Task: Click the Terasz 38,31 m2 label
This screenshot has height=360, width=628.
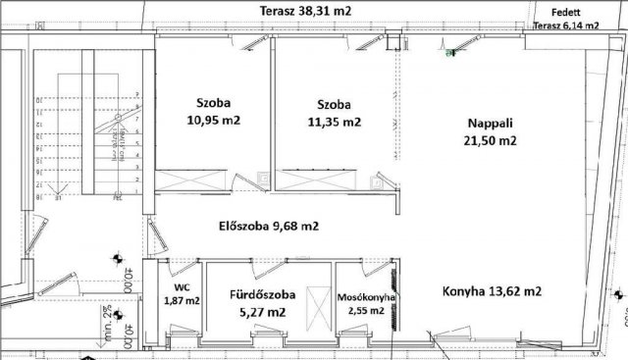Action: click(x=306, y=11)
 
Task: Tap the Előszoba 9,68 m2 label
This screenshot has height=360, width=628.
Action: click(x=268, y=226)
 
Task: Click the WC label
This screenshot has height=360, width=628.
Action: click(x=182, y=286)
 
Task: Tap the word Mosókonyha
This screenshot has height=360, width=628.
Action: click(x=365, y=295)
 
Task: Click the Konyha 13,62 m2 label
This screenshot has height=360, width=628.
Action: click(x=494, y=291)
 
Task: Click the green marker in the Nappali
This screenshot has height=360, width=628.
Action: click(x=449, y=55)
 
